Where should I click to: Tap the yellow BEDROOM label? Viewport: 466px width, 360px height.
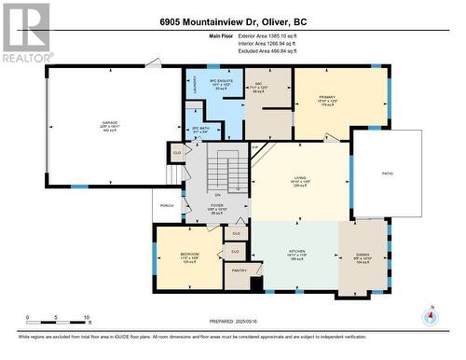pos(191,256)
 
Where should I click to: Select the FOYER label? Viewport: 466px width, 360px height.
pos(216,205)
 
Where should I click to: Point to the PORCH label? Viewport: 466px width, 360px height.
pos(168,206)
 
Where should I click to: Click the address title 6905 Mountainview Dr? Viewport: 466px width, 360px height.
pos(232,21)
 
